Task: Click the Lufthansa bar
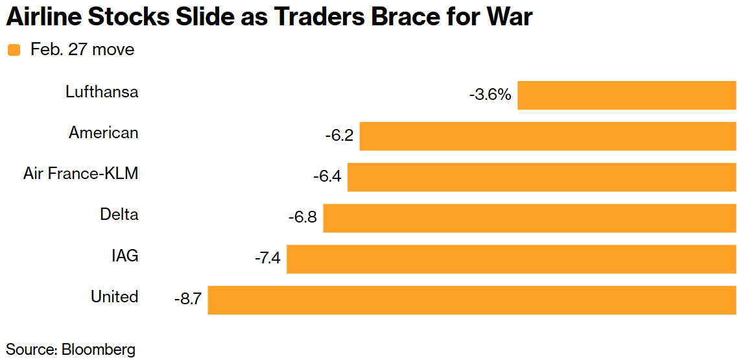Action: [x=626, y=95]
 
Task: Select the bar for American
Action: [x=548, y=136]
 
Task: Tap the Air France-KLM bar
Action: [x=541, y=177]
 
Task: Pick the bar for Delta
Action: [x=530, y=218]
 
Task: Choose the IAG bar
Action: [x=512, y=259]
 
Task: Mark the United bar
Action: [x=471, y=300]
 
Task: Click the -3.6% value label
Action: [x=490, y=95]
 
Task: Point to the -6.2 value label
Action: [x=339, y=136]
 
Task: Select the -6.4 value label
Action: [x=327, y=177]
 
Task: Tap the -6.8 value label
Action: [x=303, y=218]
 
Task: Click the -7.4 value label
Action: [x=266, y=259]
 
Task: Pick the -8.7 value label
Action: [x=187, y=300]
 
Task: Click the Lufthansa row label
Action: [x=102, y=91]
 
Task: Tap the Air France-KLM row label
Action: [x=81, y=173]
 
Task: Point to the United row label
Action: [x=114, y=296]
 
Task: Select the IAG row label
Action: [x=124, y=256]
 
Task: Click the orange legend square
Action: [x=14, y=50]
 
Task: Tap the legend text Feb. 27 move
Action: [x=82, y=49]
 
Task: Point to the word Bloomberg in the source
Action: [x=99, y=349]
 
